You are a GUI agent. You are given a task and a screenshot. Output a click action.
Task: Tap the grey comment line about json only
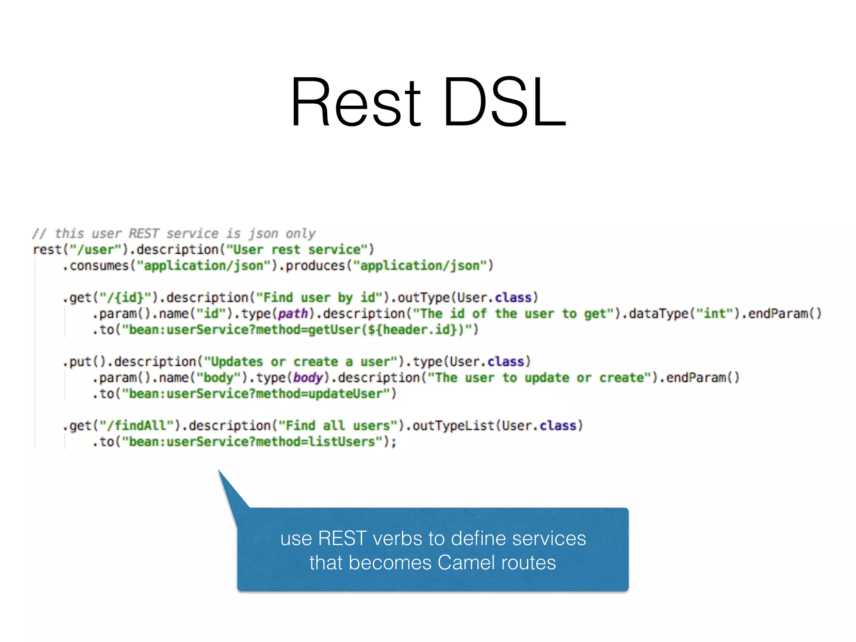174,233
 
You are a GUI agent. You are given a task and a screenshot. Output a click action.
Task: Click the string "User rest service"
296,250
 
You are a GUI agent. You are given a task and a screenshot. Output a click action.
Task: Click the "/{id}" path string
125,298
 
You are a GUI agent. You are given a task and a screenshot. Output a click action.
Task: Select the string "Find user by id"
319,298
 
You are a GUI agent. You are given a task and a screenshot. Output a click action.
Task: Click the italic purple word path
293,313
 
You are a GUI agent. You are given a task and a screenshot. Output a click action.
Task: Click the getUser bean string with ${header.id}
299,330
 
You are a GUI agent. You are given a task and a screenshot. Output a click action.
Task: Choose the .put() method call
85,362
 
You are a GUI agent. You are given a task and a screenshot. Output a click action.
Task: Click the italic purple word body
308,378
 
